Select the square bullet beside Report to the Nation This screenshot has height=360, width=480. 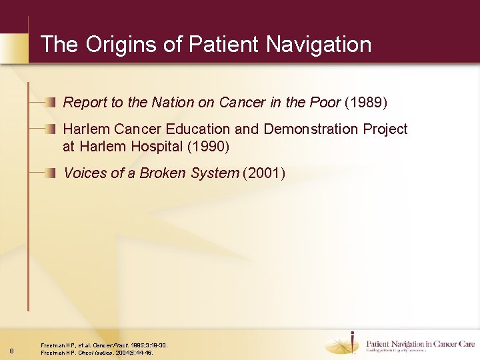pos(52,103)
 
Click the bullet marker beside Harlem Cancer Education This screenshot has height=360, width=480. pos(52,129)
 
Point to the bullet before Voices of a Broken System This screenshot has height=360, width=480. pos(52,173)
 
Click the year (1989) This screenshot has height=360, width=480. pos(366,103)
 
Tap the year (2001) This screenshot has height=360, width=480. pos(265,173)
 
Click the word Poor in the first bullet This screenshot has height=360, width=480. pos(325,103)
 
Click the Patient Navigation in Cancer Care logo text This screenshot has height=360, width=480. pos(420,345)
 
